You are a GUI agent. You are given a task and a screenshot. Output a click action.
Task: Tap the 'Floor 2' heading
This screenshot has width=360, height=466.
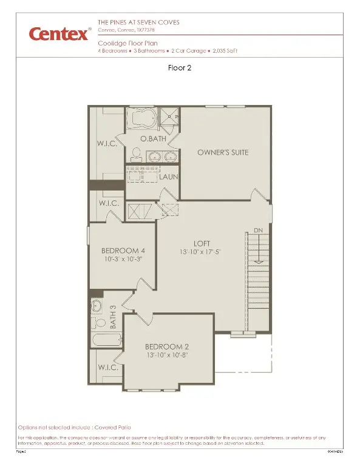pos(180,69)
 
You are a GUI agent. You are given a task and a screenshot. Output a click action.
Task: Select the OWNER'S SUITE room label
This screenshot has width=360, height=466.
pos(223,152)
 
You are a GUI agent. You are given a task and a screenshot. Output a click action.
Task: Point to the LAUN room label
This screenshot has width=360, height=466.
pos(169,177)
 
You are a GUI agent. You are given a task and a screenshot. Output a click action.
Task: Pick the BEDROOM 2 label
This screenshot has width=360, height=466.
pos(166,346)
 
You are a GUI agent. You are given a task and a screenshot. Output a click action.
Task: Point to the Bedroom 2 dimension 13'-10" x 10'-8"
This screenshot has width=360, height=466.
pos(166,356)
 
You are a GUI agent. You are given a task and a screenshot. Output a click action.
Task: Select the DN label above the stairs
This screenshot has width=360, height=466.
pos(258,231)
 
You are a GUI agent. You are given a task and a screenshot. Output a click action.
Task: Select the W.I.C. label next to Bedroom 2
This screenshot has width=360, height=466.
pos(107,368)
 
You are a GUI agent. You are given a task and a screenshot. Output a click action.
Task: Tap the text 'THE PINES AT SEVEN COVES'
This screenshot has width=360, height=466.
pos(139,22)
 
